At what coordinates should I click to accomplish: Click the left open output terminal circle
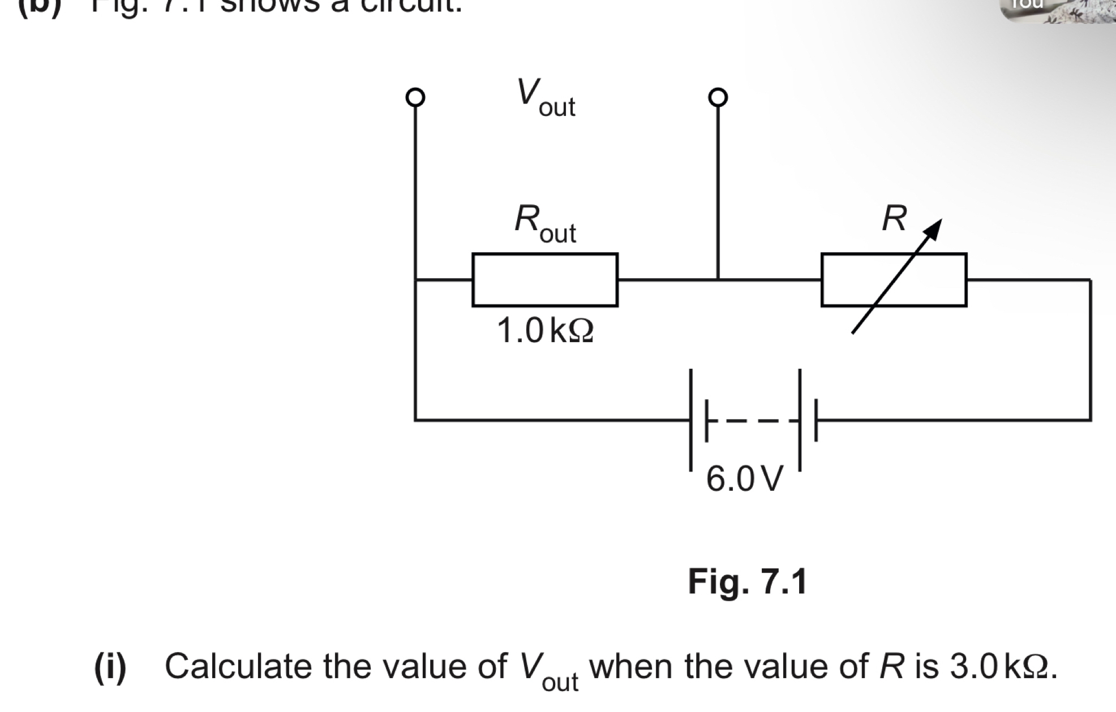[415, 97]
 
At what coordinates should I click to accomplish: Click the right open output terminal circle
[718, 97]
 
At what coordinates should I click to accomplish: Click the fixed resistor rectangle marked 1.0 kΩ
[545, 280]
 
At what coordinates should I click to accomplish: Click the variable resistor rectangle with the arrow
[894, 280]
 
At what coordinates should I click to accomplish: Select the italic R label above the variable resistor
[894, 218]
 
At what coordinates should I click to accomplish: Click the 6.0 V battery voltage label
[744, 479]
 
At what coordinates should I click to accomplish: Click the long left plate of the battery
[691, 420]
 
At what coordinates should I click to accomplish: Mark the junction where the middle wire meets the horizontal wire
[718, 279]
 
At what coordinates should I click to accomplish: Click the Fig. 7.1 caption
[747, 581]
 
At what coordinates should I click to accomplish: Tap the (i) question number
[110, 666]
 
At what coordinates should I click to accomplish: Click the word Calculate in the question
[238, 666]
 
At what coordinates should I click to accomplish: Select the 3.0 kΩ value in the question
[1002, 666]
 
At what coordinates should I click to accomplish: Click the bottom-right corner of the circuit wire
[1090, 420]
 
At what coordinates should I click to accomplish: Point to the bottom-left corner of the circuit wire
[415, 420]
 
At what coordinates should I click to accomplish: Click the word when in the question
[632, 666]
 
